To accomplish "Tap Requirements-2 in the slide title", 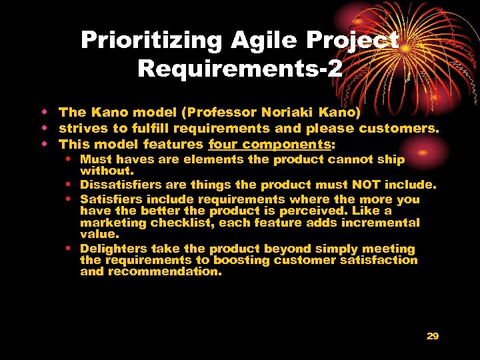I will pos(240,67).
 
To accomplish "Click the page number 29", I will pos(433,336).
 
